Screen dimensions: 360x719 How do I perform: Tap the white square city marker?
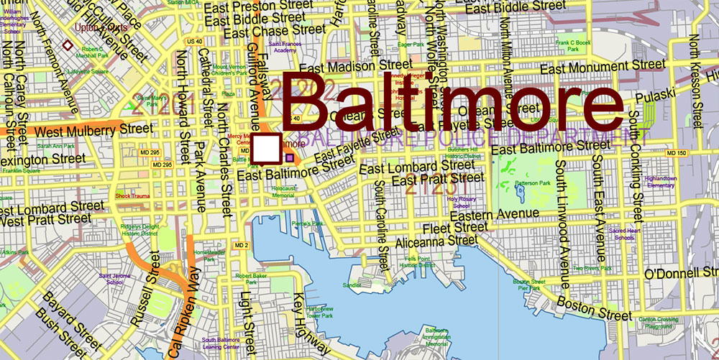click(x=267, y=148)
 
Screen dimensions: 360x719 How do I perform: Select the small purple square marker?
click(x=290, y=157)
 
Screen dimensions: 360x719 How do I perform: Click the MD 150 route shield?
click(x=676, y=154)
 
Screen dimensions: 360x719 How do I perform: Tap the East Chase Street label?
click(x=275, y=31)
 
